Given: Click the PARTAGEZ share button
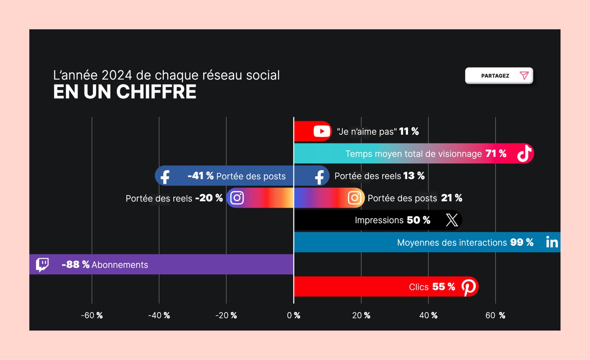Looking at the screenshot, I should point(499,76).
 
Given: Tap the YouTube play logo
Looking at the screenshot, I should point(322,131).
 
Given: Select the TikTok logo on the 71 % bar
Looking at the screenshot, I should point(524,153).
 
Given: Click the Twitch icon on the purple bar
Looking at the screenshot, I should point(42,264).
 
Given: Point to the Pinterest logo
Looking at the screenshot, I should point(469,287).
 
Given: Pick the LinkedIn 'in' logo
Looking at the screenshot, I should point(552,242).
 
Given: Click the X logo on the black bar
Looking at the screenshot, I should point(452,220).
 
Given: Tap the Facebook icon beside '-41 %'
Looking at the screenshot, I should point(165,176).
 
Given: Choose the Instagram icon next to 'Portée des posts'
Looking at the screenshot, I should point(354,198).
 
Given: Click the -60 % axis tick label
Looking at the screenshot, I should point(92,315).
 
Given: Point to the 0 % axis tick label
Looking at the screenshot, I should point(293,315).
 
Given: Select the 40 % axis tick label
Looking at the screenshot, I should point(428,315).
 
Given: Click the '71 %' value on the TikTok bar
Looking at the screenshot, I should point(496,153).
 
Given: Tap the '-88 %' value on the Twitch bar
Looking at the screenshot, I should point(75,264).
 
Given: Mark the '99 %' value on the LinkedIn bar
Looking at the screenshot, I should point(522,242).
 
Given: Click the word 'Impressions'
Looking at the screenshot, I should point(379,220).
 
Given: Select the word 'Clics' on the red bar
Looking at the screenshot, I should point(418,287).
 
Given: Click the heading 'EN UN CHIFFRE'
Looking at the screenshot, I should point(125,92).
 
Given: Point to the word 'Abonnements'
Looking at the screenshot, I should point(120,265).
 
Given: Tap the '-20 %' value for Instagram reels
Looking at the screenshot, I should point(209,198).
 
